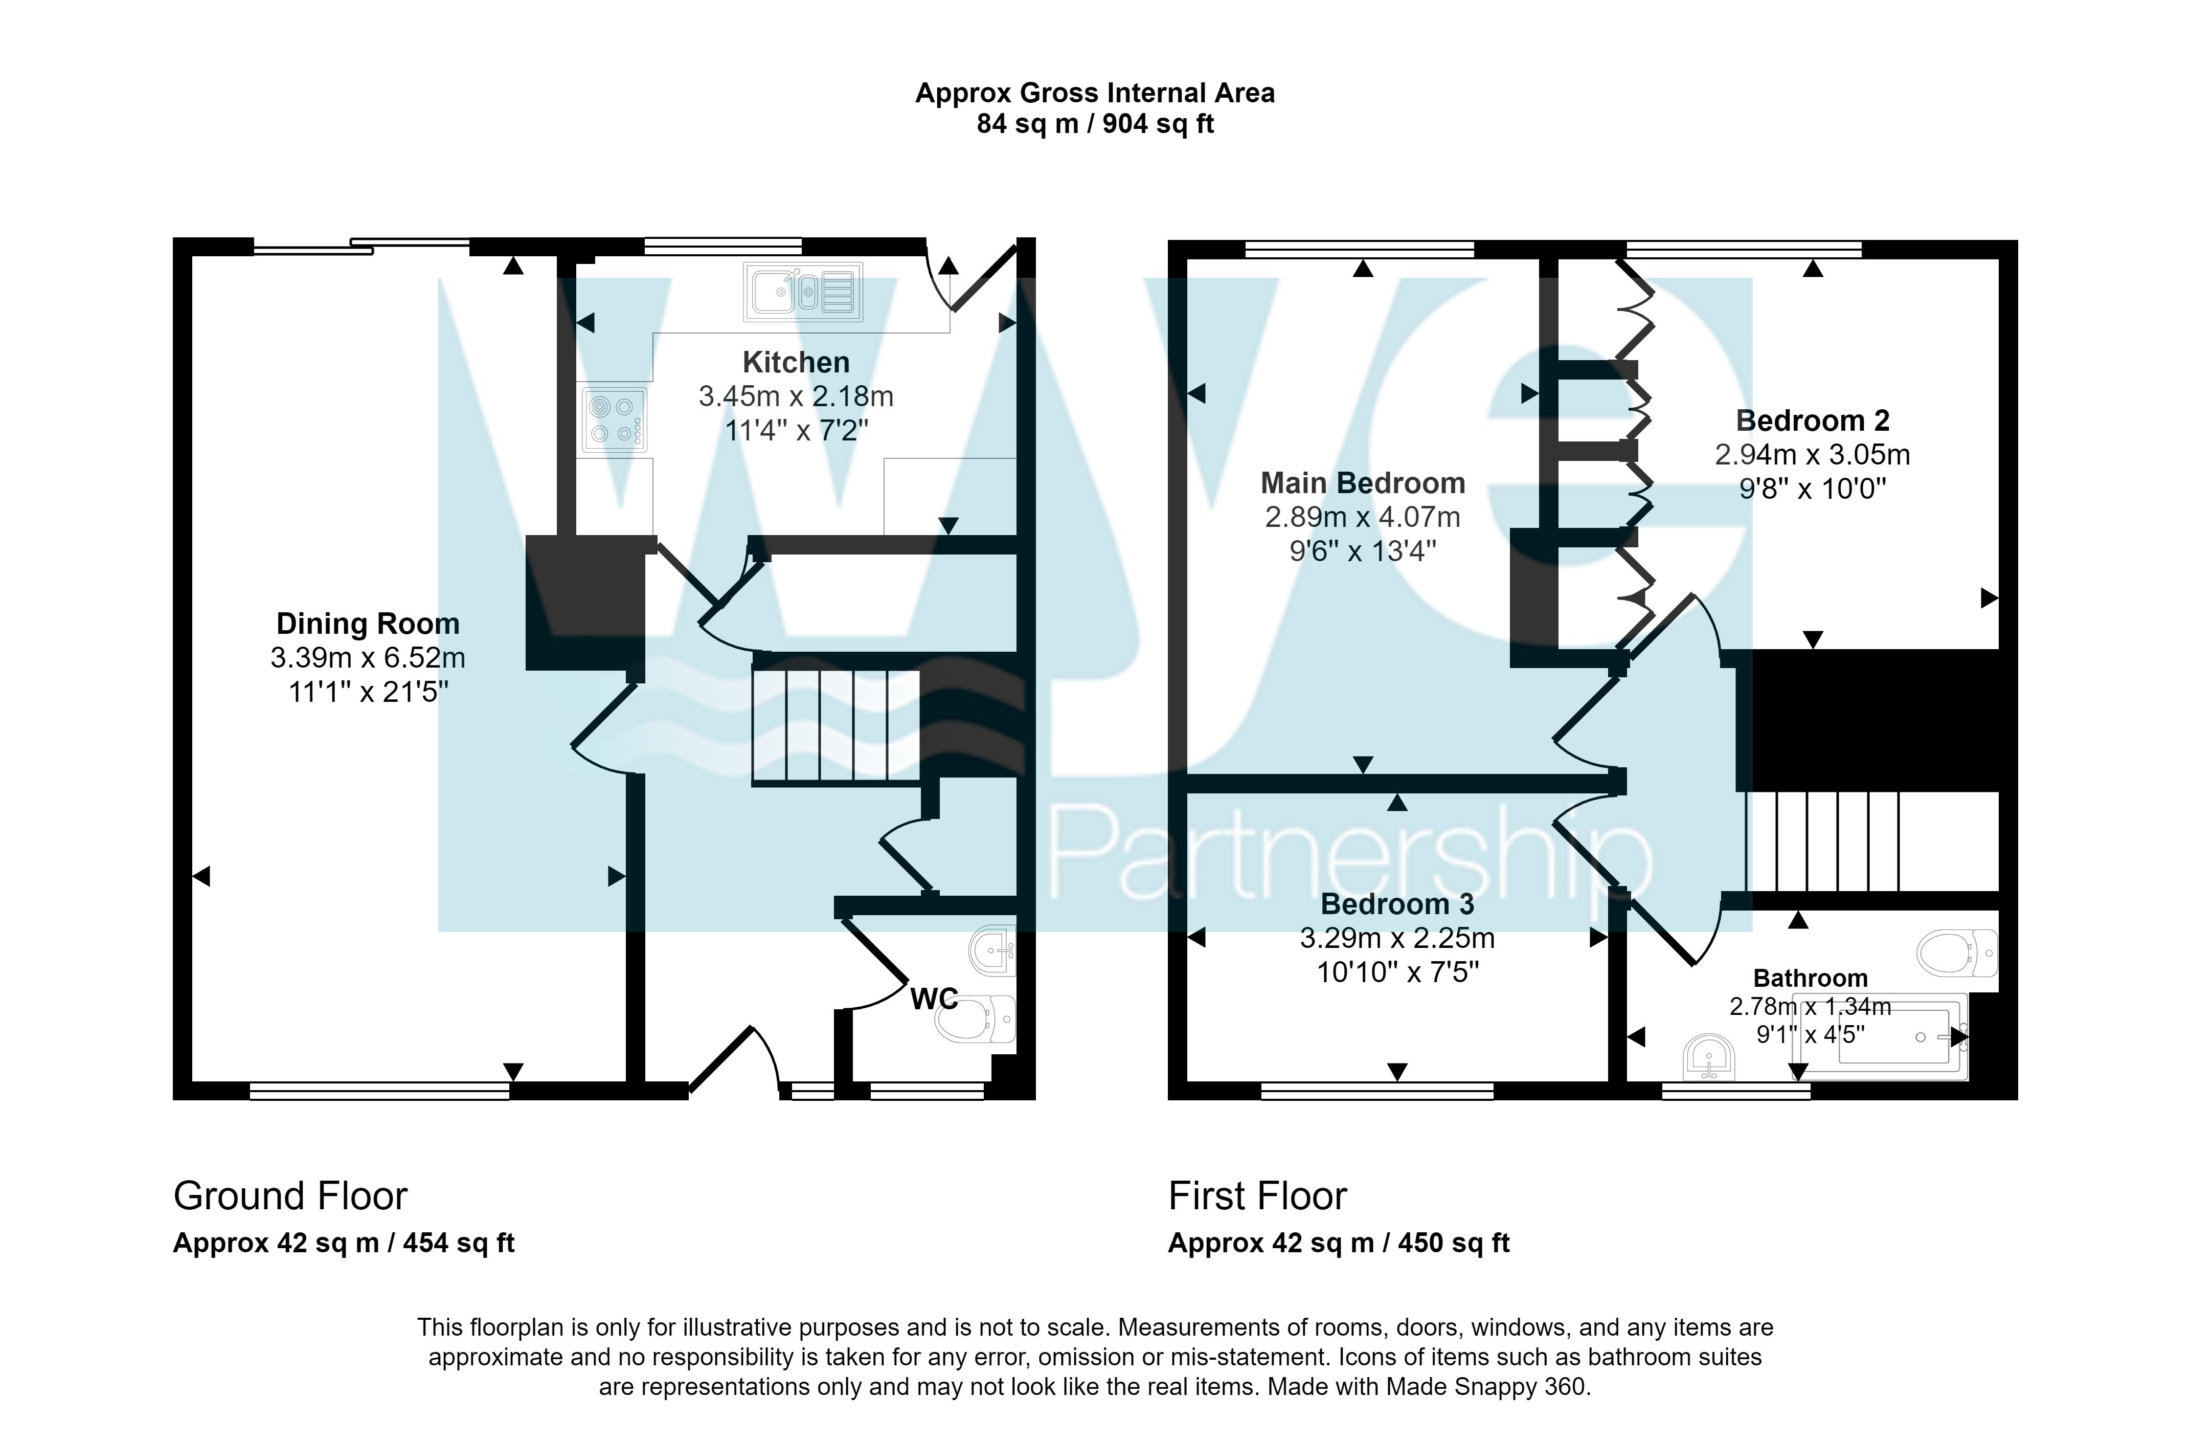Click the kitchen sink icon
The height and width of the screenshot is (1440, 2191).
[x=803, y=292]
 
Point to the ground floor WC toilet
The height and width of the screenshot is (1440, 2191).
[x=975, y=1019]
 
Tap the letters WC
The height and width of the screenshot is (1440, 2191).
[x=934, y=999]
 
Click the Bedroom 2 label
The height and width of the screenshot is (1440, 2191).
[x=1812, y=421]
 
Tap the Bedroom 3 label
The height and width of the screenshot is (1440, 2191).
[x=1396, y=904]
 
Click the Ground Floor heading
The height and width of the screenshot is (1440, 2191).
[x=290, y=1196]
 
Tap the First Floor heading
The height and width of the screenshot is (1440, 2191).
[x=1257, y=1196]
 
